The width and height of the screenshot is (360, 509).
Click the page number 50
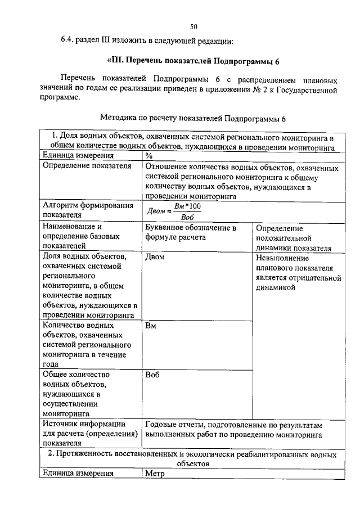(193, 26)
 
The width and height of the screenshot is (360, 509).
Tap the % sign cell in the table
(149, 156)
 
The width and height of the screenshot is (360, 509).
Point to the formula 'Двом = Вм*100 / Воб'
(174, 211)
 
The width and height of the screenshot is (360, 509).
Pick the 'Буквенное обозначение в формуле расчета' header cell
(190, 233)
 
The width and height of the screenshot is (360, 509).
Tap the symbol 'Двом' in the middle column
(155, 258)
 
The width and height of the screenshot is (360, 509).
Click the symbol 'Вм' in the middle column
(150, 326)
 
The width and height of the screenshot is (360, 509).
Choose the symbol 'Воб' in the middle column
(152, 375)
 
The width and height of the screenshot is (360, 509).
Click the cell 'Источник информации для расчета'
(89, 434)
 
